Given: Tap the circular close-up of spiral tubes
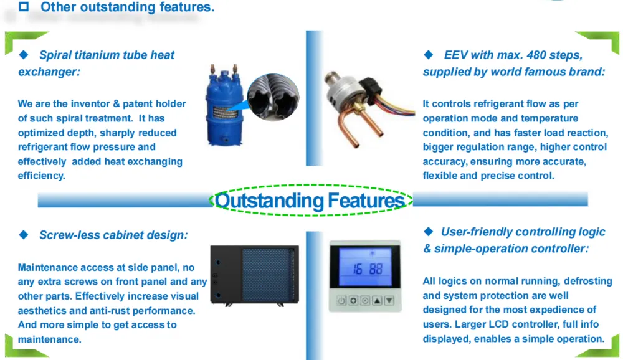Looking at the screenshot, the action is click(x=273, y=97).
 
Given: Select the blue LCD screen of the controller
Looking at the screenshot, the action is click(x=364, y=266).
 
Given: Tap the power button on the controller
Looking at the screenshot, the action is click(x=341, y=301).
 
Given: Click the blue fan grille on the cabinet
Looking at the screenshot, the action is click(x=268, y=275).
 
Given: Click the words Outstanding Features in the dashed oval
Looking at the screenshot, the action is click(x=310, y=201).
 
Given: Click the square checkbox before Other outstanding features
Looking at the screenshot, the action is click(x=24, y=6).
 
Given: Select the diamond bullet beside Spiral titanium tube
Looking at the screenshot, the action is click(x=24, y=55).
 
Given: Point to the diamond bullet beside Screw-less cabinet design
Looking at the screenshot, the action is click(x=24, y=235).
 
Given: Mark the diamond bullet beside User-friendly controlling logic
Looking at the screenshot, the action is click(x=429, y=231).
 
